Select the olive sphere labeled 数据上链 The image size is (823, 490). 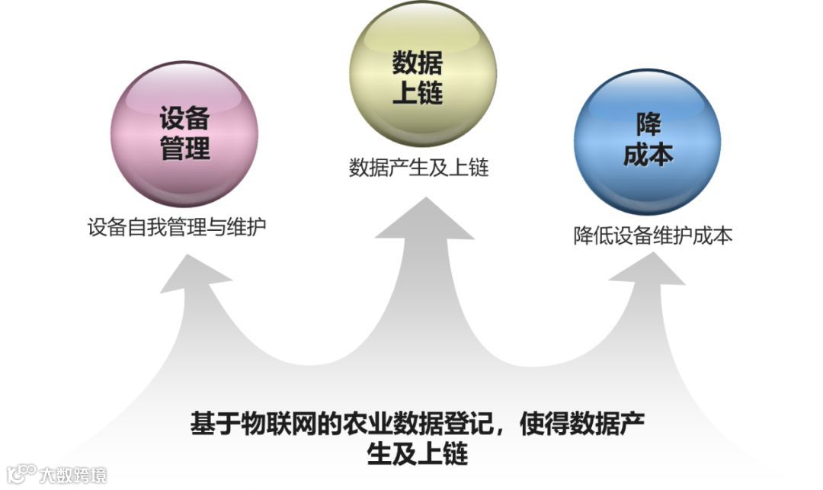click(421, 74)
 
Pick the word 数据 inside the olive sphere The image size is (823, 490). click(418, 62)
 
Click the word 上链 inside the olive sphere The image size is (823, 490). click(418, 93)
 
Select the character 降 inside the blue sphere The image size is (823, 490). click(648, 125)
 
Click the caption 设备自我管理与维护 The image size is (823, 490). click(177, 227)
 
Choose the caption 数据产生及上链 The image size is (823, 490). click(418, 167)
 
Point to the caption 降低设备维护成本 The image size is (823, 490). click(653, 235)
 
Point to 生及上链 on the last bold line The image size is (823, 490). click(418, 454)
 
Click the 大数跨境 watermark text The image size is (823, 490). click(73, 475)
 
